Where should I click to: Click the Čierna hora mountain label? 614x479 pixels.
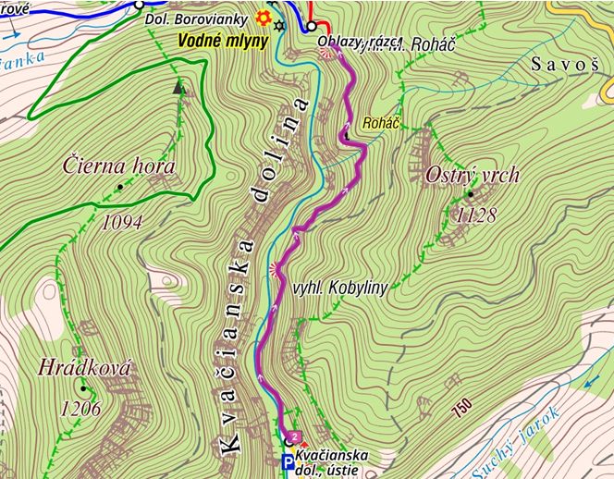119,166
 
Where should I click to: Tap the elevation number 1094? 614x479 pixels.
122,222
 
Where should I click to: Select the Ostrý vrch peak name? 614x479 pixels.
473,175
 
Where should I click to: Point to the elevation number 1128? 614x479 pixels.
476,215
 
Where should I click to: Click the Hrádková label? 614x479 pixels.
84,368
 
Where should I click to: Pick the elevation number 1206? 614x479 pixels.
80,408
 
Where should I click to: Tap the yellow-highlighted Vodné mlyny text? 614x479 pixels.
223,41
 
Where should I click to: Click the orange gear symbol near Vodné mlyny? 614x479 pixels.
263,18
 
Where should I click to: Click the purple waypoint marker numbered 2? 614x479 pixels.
295,436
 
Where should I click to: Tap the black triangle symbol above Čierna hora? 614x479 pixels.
178,89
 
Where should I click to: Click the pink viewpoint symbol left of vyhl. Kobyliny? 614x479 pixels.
274,269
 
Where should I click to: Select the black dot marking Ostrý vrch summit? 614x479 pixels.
470,194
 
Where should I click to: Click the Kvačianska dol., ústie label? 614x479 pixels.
333,461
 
